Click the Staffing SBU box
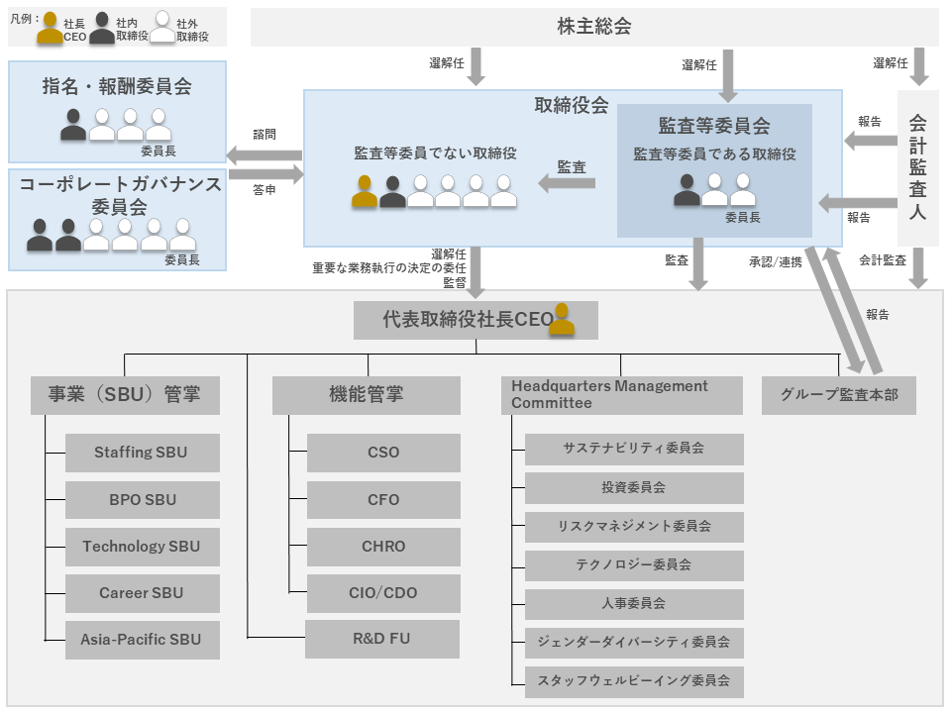(143, 453)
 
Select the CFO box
(383, 499)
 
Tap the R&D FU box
(382, 639)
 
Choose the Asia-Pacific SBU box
(143, 640)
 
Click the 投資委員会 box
(634, 487)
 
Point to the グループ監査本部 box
(839, 395)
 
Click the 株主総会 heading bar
(594, 27)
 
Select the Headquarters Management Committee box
(622, 395)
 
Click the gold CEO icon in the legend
(50, 29)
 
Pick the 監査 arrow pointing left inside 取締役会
(567, 183)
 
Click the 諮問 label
(264, 135)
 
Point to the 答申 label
(264, 190)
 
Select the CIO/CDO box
(383, 593)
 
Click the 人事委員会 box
(634, 604)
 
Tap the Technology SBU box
(143, 547)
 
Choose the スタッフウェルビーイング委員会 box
(634, 681)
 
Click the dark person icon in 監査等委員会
(687, 190)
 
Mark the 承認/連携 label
(775, 261)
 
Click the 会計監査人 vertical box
(918, 168)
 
